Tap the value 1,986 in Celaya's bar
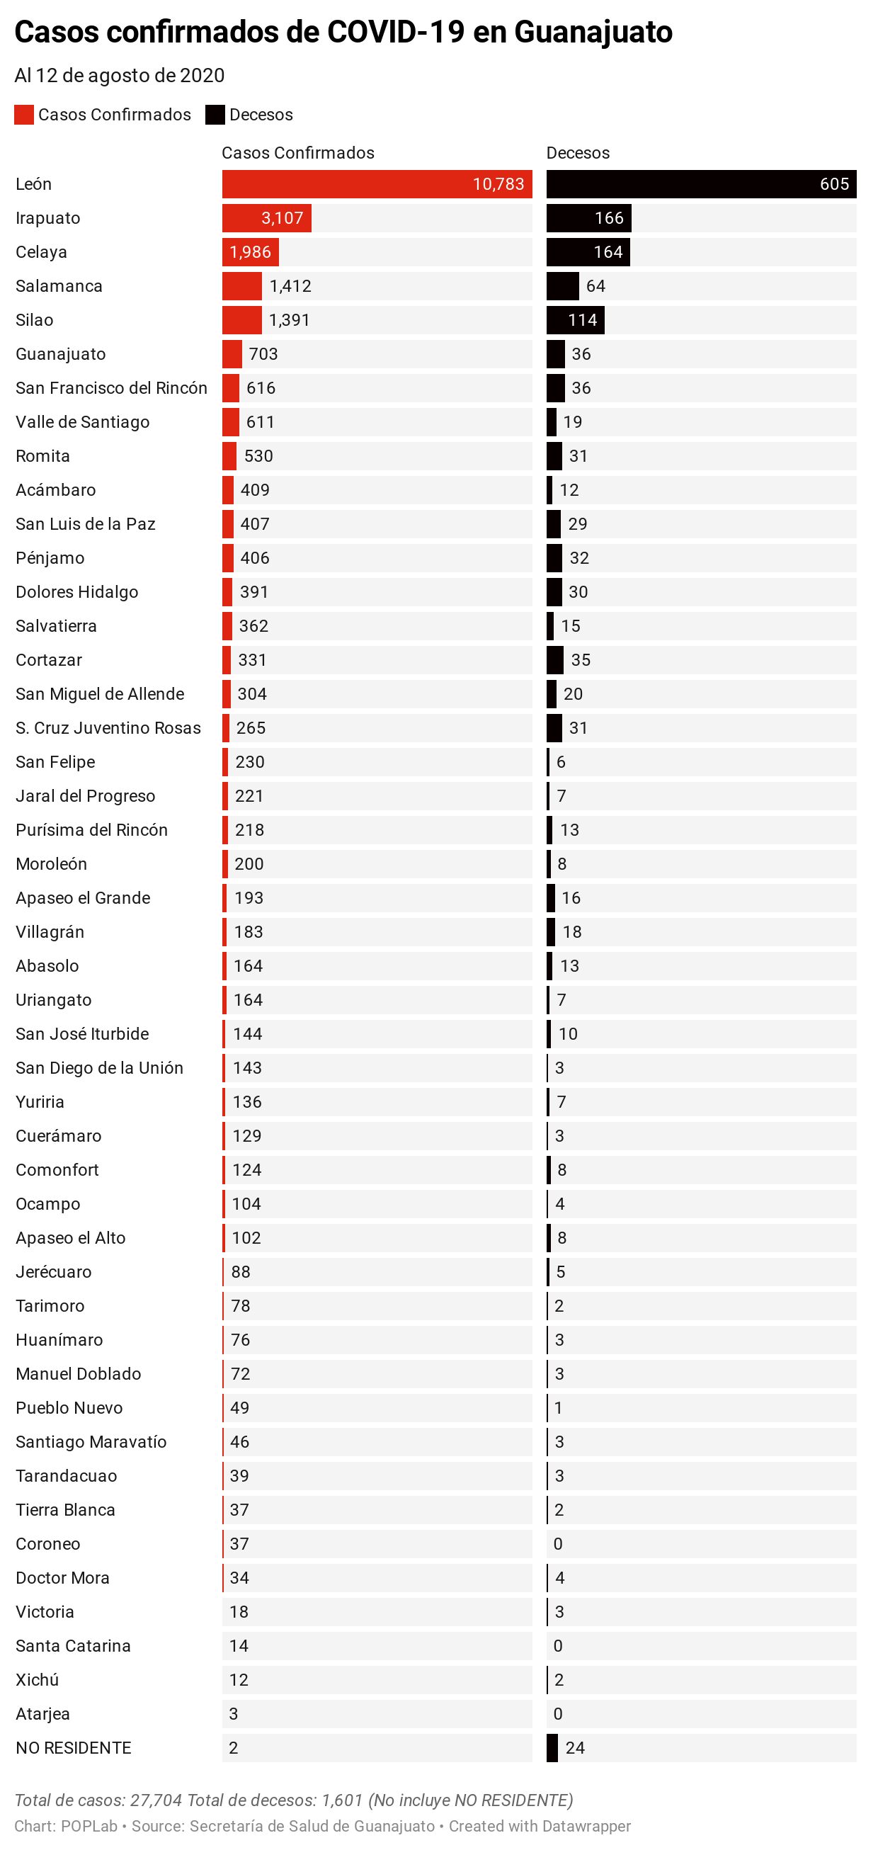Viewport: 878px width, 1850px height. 250,252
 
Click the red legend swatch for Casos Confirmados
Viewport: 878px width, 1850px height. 23,115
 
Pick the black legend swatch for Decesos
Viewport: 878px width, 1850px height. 215,115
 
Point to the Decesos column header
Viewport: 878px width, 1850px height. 577,153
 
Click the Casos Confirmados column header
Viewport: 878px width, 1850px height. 297,153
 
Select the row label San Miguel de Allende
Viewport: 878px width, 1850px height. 100,694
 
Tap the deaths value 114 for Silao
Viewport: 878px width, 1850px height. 582,320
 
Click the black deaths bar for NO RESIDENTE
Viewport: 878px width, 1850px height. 552,1748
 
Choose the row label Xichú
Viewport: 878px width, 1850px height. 38,1680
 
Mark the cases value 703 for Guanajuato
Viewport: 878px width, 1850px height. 263,354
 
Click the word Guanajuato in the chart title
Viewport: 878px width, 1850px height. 593,33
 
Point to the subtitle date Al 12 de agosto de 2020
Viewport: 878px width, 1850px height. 119,75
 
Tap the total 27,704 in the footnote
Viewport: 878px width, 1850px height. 156,1800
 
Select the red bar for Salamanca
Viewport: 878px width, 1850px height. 241,286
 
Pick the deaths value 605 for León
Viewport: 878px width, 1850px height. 833,184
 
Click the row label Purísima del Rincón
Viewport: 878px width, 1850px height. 91,830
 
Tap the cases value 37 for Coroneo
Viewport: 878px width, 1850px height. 239,1544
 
